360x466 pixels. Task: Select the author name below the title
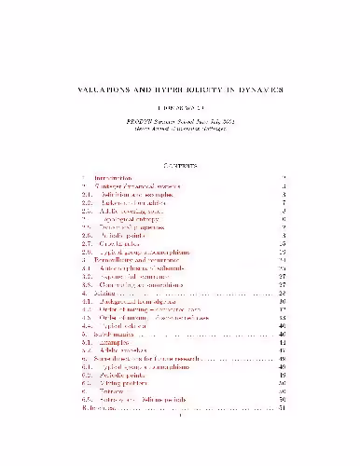pos(179,108)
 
